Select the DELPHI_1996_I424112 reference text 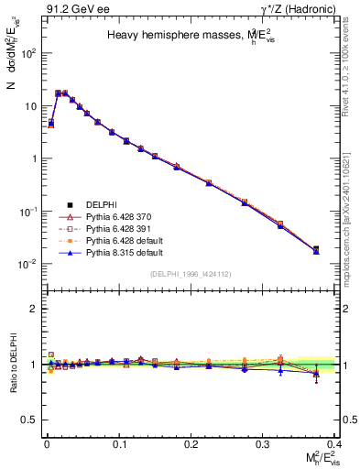tap(191, 274)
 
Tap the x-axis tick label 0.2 tap(191, 442)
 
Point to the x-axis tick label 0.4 tap(335, 442)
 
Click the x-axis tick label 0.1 tap(118, 442)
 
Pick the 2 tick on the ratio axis tap(37, 309)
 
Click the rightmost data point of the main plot tap(316, 249)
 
